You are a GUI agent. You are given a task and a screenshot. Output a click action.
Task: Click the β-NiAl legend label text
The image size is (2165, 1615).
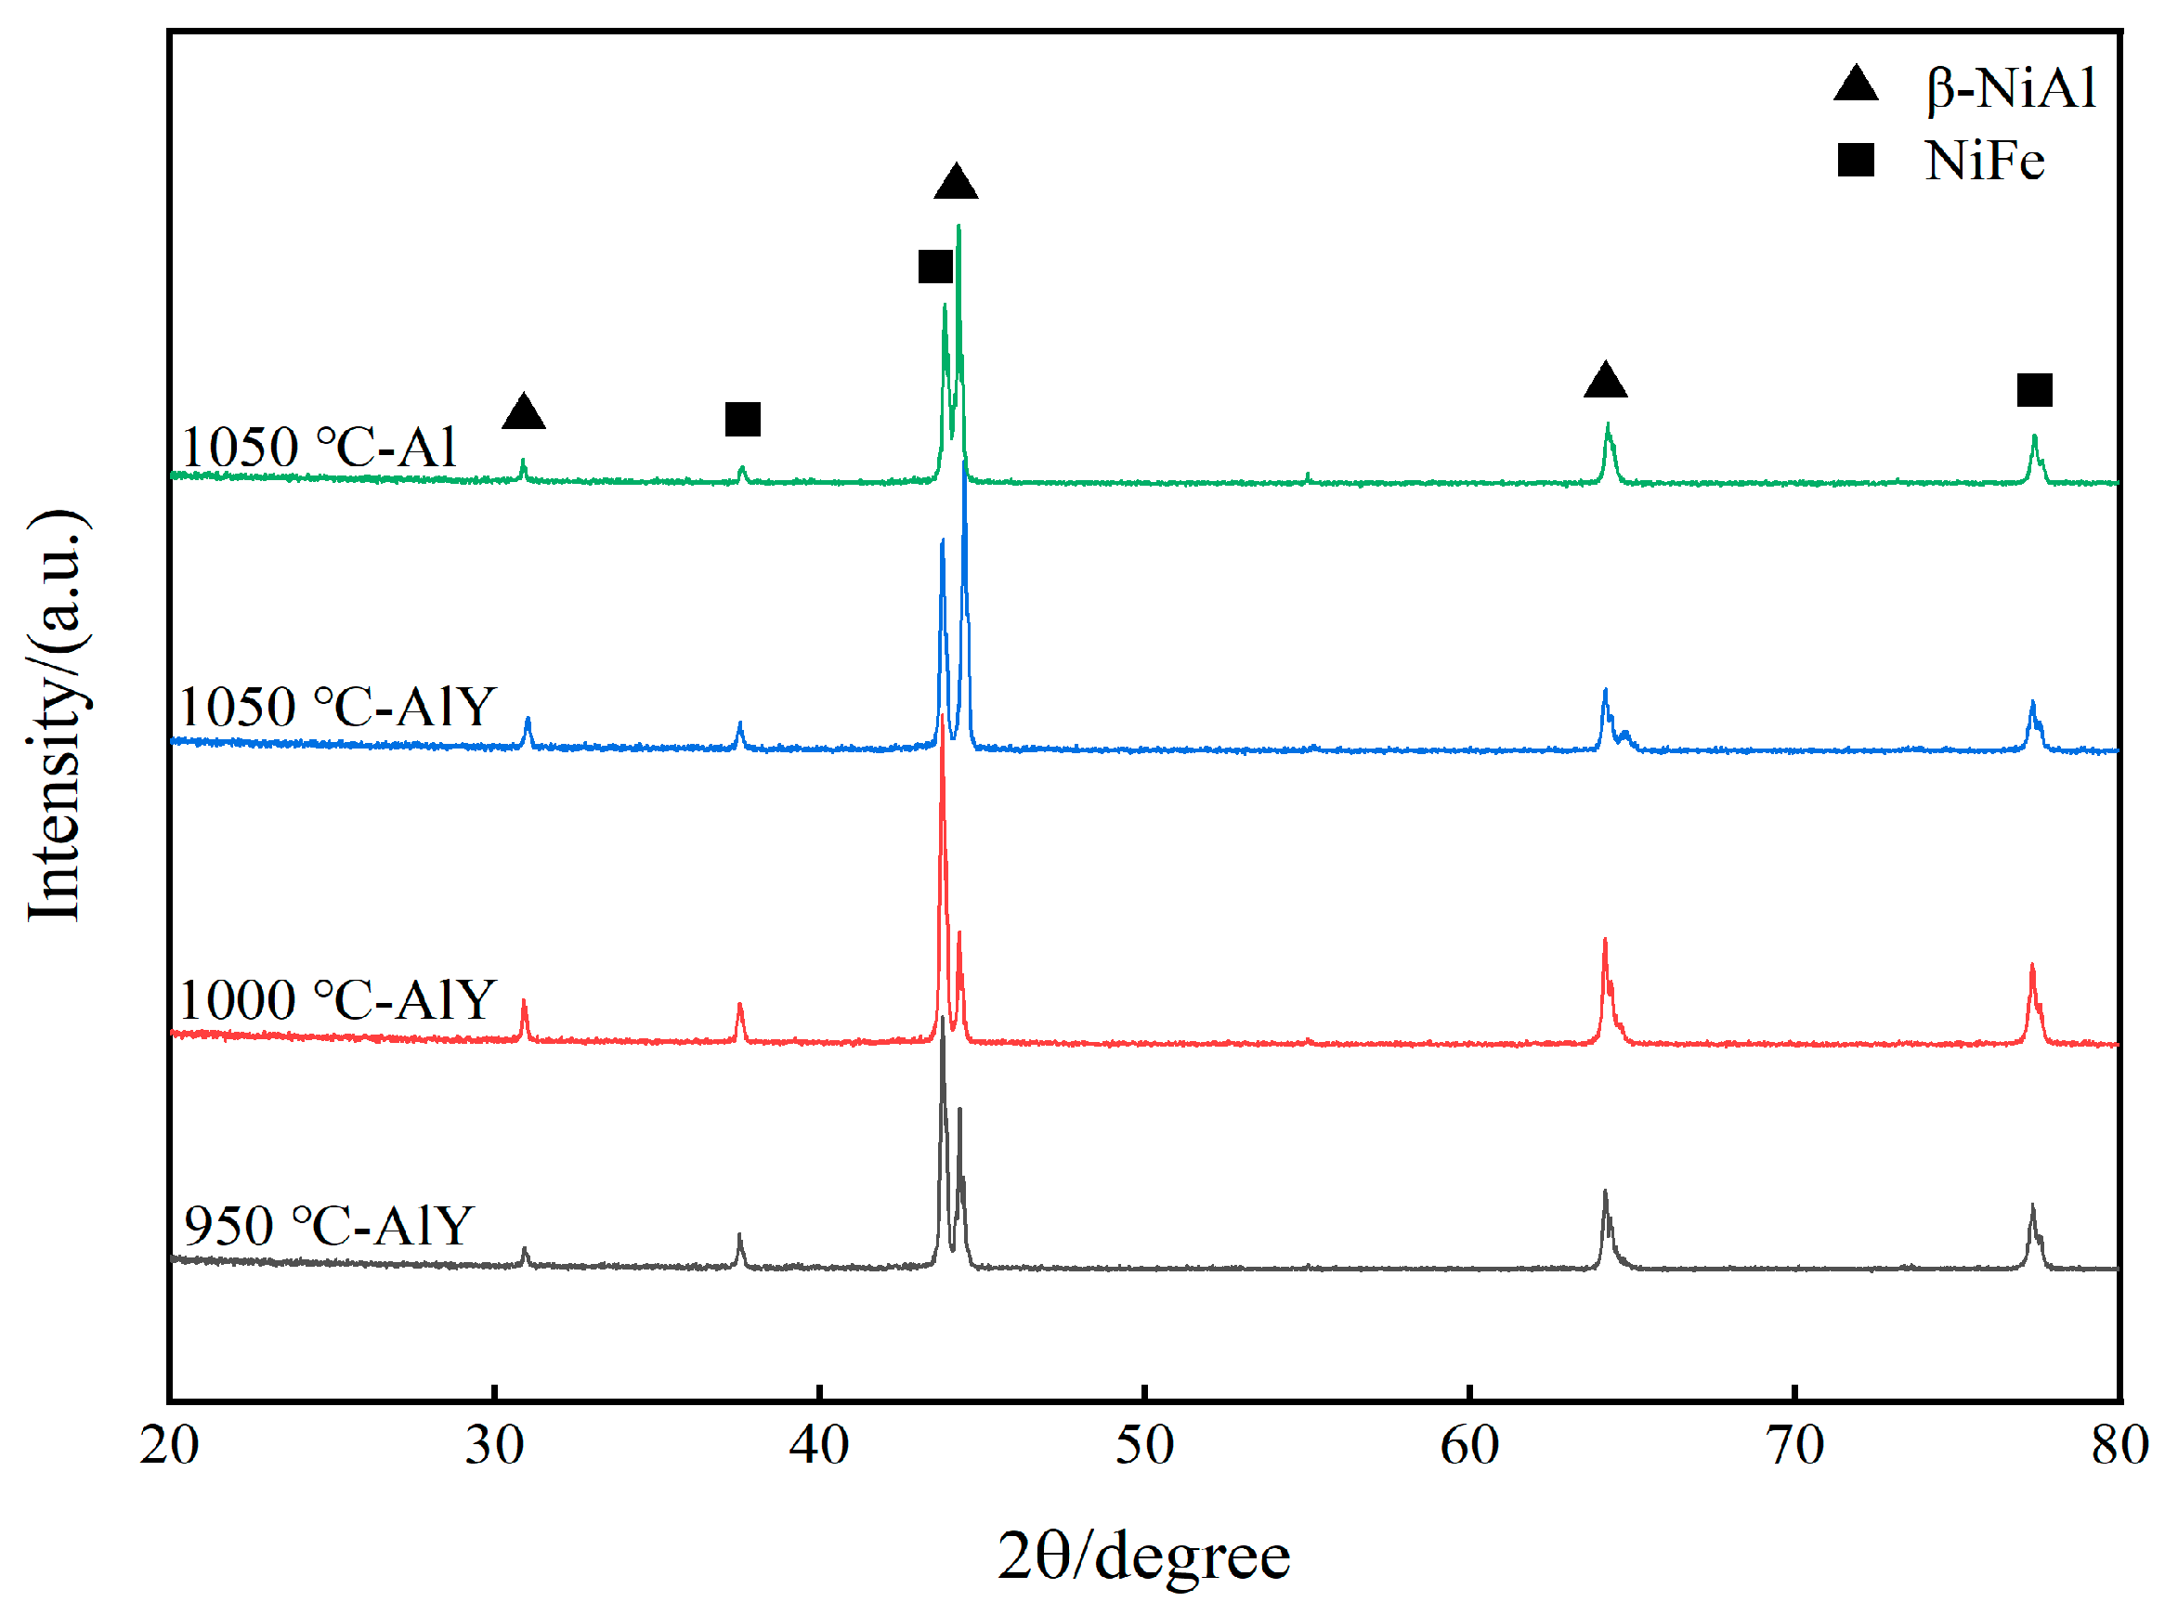click(x=2011, y=88)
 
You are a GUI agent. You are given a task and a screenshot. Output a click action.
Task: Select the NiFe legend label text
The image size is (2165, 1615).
click(x=1983, y=161)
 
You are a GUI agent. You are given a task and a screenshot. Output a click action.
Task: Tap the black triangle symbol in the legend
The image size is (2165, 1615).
click(x=1854, y=85)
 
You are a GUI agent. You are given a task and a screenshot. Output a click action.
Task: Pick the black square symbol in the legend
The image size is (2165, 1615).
click(x=1854, y=160)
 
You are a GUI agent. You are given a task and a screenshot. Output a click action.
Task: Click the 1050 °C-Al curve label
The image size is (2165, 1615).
click(x=319, y=448)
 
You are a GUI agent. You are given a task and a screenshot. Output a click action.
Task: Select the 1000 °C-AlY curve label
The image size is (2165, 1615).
click(x=338, y=999)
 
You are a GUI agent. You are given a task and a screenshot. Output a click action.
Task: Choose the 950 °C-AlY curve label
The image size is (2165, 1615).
click(x=329, y=1225)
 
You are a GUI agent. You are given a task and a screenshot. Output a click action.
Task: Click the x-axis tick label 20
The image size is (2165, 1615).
click(x=168, y=1445)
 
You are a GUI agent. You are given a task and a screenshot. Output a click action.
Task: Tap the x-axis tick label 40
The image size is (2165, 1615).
click(x=818, y=1445)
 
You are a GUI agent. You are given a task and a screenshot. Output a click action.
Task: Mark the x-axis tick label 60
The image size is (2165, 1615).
click(x=1468, y=1445)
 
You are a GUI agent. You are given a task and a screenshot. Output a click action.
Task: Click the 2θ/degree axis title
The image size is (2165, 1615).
click(x=1142, y=1556)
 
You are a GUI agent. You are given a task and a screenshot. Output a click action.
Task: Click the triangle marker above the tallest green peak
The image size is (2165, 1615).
click(x=955, y=183)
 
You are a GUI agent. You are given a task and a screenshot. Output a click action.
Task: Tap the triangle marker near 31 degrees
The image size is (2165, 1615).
click(x=523, y=412)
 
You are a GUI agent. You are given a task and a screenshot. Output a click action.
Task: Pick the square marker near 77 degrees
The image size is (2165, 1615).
click(x=2034, y=390)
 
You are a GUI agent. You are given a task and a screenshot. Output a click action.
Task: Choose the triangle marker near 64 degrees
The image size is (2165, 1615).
click(x=1604, y=380)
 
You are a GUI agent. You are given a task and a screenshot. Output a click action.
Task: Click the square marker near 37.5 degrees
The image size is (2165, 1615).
click(x=742, y=420)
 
